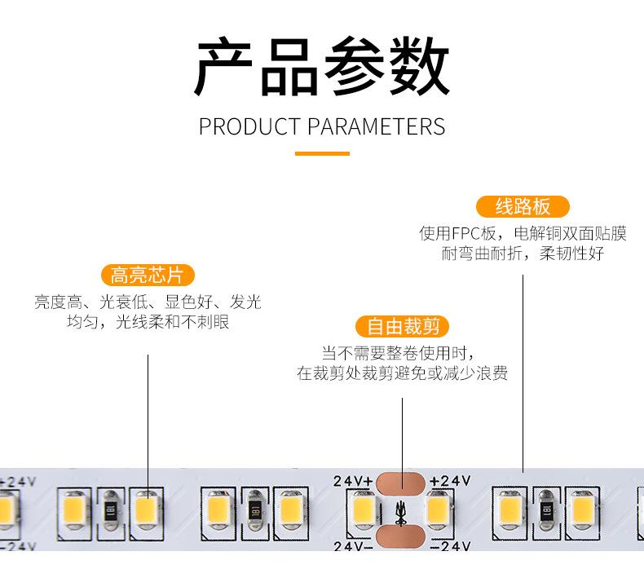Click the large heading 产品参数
pyautogui.click(x=321, y=67)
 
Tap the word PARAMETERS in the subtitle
pyautogui.click(x=376, y=127)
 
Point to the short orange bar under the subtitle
pyautogui.click(x=321, y=153)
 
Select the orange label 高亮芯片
pyautogui.click(x=148, y=276)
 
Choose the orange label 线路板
pyautogui.click(x=523, y=206)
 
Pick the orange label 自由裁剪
pyautogui.click(x=403, y=327)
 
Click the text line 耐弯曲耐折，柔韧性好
pyautogui.click(x=523, y=254)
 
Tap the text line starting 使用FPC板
pyautogui.click(x=523, y=234)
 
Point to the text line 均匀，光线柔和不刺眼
pyautogui.click(x=148, y=322)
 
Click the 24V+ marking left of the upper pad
pyautogui.click(x=352, y=481)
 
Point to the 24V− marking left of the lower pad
pyautogui.click(x=352, y=544)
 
